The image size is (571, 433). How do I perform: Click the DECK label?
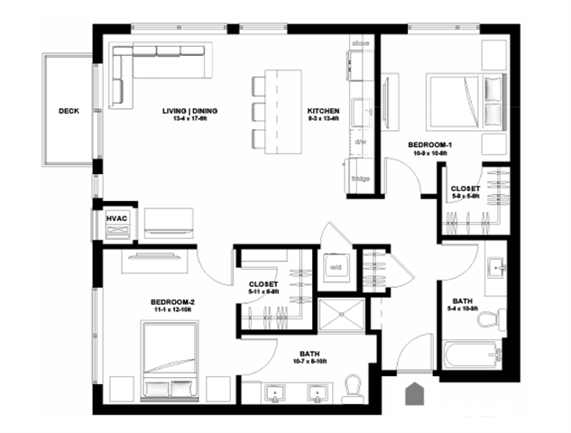point(69,112)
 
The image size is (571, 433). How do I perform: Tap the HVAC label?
point(117,217)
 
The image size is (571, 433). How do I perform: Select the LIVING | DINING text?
point(190,112)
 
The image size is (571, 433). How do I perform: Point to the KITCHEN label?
point(323,112)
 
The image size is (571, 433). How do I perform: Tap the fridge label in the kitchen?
point(361,179)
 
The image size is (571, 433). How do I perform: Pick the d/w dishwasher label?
point(360,143)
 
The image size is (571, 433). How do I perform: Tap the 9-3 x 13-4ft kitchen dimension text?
point(323,120)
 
